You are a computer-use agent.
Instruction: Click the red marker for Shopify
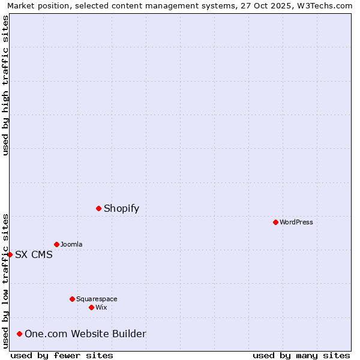point(99,208)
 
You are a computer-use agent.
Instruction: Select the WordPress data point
point(275,222)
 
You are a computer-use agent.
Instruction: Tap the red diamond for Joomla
point(56,244)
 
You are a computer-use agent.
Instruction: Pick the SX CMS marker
point(10,254)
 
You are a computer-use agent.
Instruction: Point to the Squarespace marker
point(72,299)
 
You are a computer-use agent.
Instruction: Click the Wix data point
point(91,307)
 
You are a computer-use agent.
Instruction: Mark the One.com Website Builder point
point(20,334)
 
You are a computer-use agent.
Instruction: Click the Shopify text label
point(121,209)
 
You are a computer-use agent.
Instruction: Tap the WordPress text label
point(296,223)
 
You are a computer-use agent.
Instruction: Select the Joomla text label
point(71,245)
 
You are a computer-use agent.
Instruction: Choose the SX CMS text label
point(34,255)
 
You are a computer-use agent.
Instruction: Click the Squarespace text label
point(97,299)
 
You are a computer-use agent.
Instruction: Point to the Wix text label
point(101,308)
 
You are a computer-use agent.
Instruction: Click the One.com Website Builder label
point(85,334)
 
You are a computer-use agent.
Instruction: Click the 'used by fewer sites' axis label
point(62,355)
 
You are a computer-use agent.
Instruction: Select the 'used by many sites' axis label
point(301,355)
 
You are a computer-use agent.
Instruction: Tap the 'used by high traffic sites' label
point(5,85)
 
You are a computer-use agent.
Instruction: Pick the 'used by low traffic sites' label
point(5,281)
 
